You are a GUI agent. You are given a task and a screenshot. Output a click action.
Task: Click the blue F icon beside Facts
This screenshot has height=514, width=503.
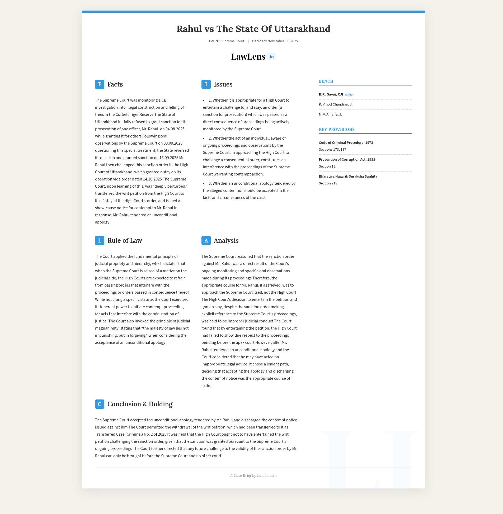100,84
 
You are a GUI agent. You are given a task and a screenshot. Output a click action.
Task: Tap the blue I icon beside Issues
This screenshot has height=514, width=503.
206,84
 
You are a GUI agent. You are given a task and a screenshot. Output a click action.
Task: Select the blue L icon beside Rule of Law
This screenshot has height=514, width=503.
100,240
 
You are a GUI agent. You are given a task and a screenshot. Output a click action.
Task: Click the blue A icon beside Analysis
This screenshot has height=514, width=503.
206,240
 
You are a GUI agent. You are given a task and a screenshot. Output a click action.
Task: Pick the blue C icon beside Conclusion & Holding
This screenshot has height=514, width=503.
100,404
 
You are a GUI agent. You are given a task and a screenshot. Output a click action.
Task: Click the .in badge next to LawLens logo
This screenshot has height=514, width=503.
271,57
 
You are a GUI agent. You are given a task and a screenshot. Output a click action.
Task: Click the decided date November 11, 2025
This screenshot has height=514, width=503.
283,41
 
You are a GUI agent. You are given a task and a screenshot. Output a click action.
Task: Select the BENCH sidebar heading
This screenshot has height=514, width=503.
326,81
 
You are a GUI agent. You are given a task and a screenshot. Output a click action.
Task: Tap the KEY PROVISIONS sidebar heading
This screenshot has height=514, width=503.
337,130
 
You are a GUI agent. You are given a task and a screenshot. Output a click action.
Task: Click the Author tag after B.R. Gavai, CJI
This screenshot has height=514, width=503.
349,94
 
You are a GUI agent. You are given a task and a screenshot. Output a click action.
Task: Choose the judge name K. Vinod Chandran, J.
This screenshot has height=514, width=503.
336,104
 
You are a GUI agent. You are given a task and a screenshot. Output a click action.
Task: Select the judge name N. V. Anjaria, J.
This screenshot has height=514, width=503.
330,114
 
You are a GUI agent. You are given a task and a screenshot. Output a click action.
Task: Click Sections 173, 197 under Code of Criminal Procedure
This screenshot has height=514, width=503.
332,149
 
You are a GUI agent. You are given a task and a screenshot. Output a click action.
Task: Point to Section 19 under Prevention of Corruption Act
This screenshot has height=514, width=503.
327,166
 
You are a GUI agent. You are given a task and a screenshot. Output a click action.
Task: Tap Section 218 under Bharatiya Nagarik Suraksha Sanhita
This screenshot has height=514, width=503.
328,183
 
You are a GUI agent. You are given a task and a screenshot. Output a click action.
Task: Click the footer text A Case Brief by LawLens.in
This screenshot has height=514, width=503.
253,475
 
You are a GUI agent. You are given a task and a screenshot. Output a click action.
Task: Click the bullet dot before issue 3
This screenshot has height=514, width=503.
204,183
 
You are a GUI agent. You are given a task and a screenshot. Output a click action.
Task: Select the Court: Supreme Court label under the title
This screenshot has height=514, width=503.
226,41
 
